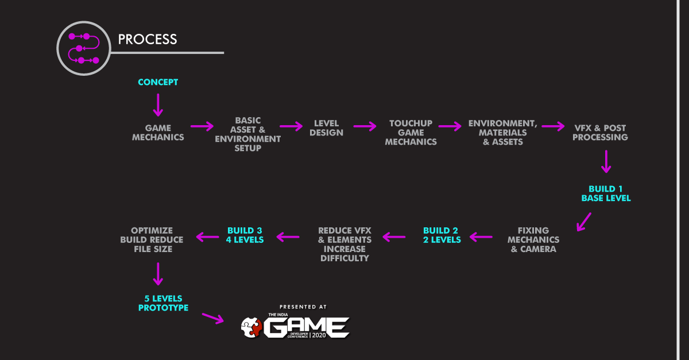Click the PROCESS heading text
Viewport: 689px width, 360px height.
[148, 39]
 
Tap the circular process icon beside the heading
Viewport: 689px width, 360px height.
[83, 48]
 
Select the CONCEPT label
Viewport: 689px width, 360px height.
[158, 82]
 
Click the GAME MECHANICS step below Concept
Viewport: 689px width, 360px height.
[158, 133]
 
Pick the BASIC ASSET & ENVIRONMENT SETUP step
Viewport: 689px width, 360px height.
[248, 134]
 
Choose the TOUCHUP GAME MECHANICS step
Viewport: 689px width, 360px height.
[411, 133]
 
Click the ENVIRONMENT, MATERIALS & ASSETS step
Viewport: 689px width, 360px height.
[502, 133]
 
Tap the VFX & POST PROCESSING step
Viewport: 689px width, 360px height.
[601, 133]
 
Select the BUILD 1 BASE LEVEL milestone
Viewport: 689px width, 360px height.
[606, 193]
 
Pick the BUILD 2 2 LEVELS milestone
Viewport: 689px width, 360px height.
[442, 235]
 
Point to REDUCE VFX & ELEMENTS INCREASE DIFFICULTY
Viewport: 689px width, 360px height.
[344, 245]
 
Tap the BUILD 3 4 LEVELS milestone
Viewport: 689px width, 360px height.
[245, 235]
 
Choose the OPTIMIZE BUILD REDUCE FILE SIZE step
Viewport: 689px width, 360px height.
[152, 240]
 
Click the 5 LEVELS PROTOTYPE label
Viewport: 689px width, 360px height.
[163, 303]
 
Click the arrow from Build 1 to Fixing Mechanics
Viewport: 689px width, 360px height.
[585, 221]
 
